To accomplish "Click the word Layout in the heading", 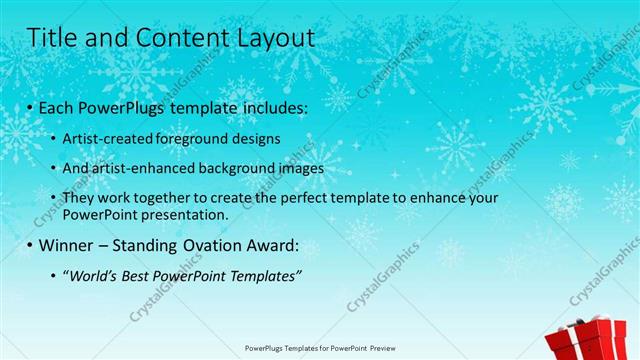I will [x=271, y=38].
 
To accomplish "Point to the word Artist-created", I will [x=111, y=138].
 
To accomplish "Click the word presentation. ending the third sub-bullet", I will [x=187, y=214].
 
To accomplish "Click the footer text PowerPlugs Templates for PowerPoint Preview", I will [x=319, y=349].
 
